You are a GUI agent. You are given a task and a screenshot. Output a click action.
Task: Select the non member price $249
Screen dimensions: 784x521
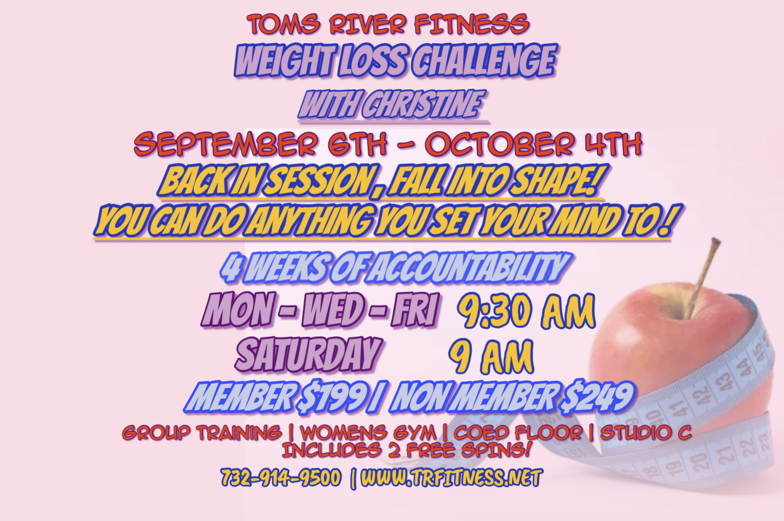(596, 397)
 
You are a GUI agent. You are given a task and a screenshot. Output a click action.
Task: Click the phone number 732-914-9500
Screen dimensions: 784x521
(281, 478)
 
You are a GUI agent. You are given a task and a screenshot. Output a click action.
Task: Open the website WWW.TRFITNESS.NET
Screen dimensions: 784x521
(451, 478)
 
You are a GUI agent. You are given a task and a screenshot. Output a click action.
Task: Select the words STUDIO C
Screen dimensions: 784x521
(646, 433)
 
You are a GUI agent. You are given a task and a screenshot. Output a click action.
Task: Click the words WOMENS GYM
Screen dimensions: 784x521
(367, 433)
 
